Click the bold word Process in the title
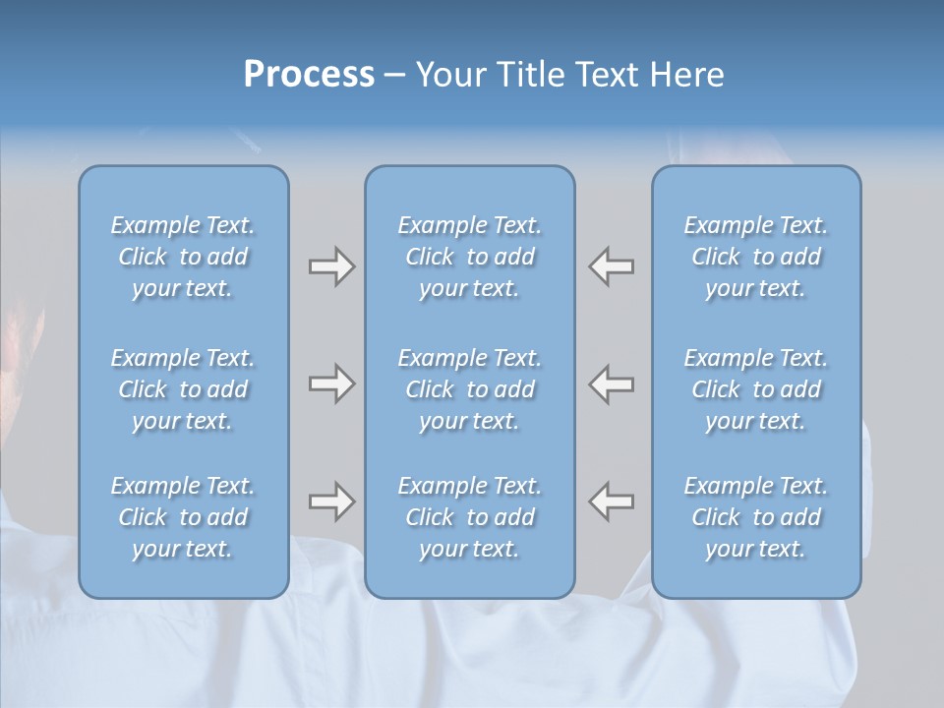[309, 75]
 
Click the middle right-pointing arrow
[331, 383]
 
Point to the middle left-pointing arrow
[611, 383]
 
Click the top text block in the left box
[183, 257]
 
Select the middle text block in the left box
[183, 389]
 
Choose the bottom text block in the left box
[183, 517]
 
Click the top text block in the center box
[470, 257]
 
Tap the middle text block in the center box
[470, 389]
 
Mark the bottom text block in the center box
[470, 517]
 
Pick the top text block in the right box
[756, 257]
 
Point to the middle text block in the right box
[756, 389]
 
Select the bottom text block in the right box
[756, 517]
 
